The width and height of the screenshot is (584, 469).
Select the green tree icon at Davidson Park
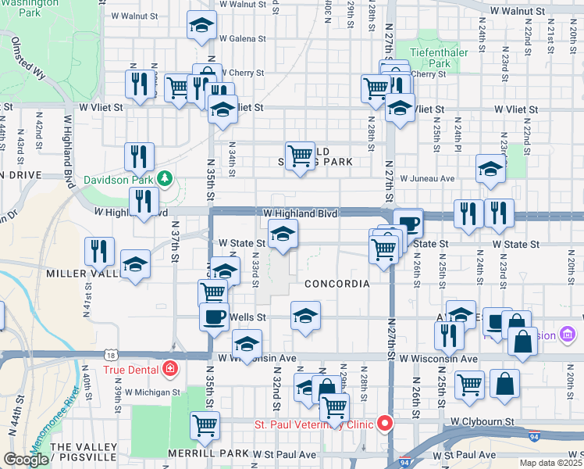coord(164,178)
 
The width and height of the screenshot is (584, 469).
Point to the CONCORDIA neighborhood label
coord(337,284)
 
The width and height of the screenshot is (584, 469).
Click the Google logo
coord(26,459)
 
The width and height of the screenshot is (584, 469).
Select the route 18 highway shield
coord(115,354)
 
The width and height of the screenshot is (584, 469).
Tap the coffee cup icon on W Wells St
coord(214,317)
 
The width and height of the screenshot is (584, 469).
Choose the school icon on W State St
coord(283,234)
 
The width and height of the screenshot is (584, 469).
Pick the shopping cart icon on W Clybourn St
coord(205,425)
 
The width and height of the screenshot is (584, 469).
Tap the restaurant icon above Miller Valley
coord(99,251)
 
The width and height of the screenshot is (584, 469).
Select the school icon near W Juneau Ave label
coord(490,169)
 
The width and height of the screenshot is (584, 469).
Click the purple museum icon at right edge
coord(567,335)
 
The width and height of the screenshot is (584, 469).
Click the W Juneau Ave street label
coord(427,178)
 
